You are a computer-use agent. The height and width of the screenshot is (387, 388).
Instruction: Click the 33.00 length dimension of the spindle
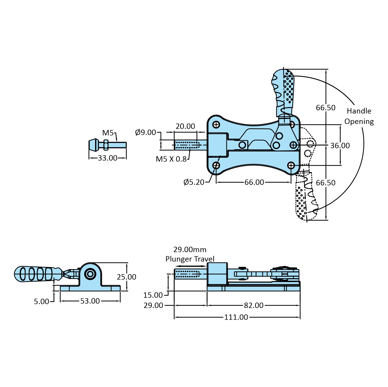coord(108,158)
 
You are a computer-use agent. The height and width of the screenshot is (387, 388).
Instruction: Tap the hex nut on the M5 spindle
coord(106,145)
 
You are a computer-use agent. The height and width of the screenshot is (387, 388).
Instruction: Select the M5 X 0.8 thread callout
coord(171,159)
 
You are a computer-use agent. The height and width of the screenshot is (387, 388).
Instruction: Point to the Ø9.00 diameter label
coord(145,133)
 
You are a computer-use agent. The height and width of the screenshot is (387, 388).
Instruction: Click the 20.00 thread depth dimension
coord(185,126)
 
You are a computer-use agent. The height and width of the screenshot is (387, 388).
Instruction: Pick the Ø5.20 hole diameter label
coord(194,182)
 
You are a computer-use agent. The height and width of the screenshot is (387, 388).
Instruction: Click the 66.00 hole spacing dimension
coord(254,182)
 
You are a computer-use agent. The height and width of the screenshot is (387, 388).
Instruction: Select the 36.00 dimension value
coord(340,146)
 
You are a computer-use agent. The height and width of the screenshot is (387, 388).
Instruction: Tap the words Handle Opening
coord(359,116)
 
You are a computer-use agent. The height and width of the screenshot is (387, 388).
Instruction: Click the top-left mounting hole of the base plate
coord(216,125)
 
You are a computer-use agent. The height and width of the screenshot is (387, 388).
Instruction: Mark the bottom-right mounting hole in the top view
coord(291,165)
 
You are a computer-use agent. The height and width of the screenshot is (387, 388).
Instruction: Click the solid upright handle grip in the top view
coord(284,90)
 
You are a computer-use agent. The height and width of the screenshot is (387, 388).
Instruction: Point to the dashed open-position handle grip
coord(305,199)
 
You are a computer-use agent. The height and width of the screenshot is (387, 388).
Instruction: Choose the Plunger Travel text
coord(190,259)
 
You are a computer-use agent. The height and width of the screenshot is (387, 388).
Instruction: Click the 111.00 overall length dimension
coord(236,317)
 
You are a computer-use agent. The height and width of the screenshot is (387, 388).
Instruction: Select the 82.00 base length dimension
coord(254,305)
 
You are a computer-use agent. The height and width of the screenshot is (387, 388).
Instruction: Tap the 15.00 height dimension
coord(153,295)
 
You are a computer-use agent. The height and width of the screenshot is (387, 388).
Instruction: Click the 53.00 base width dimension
coord(90,301)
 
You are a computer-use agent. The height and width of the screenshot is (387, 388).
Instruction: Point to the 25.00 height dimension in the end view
coord(126,277)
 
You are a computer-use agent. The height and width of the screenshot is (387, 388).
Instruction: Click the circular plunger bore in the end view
coord(90,274)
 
